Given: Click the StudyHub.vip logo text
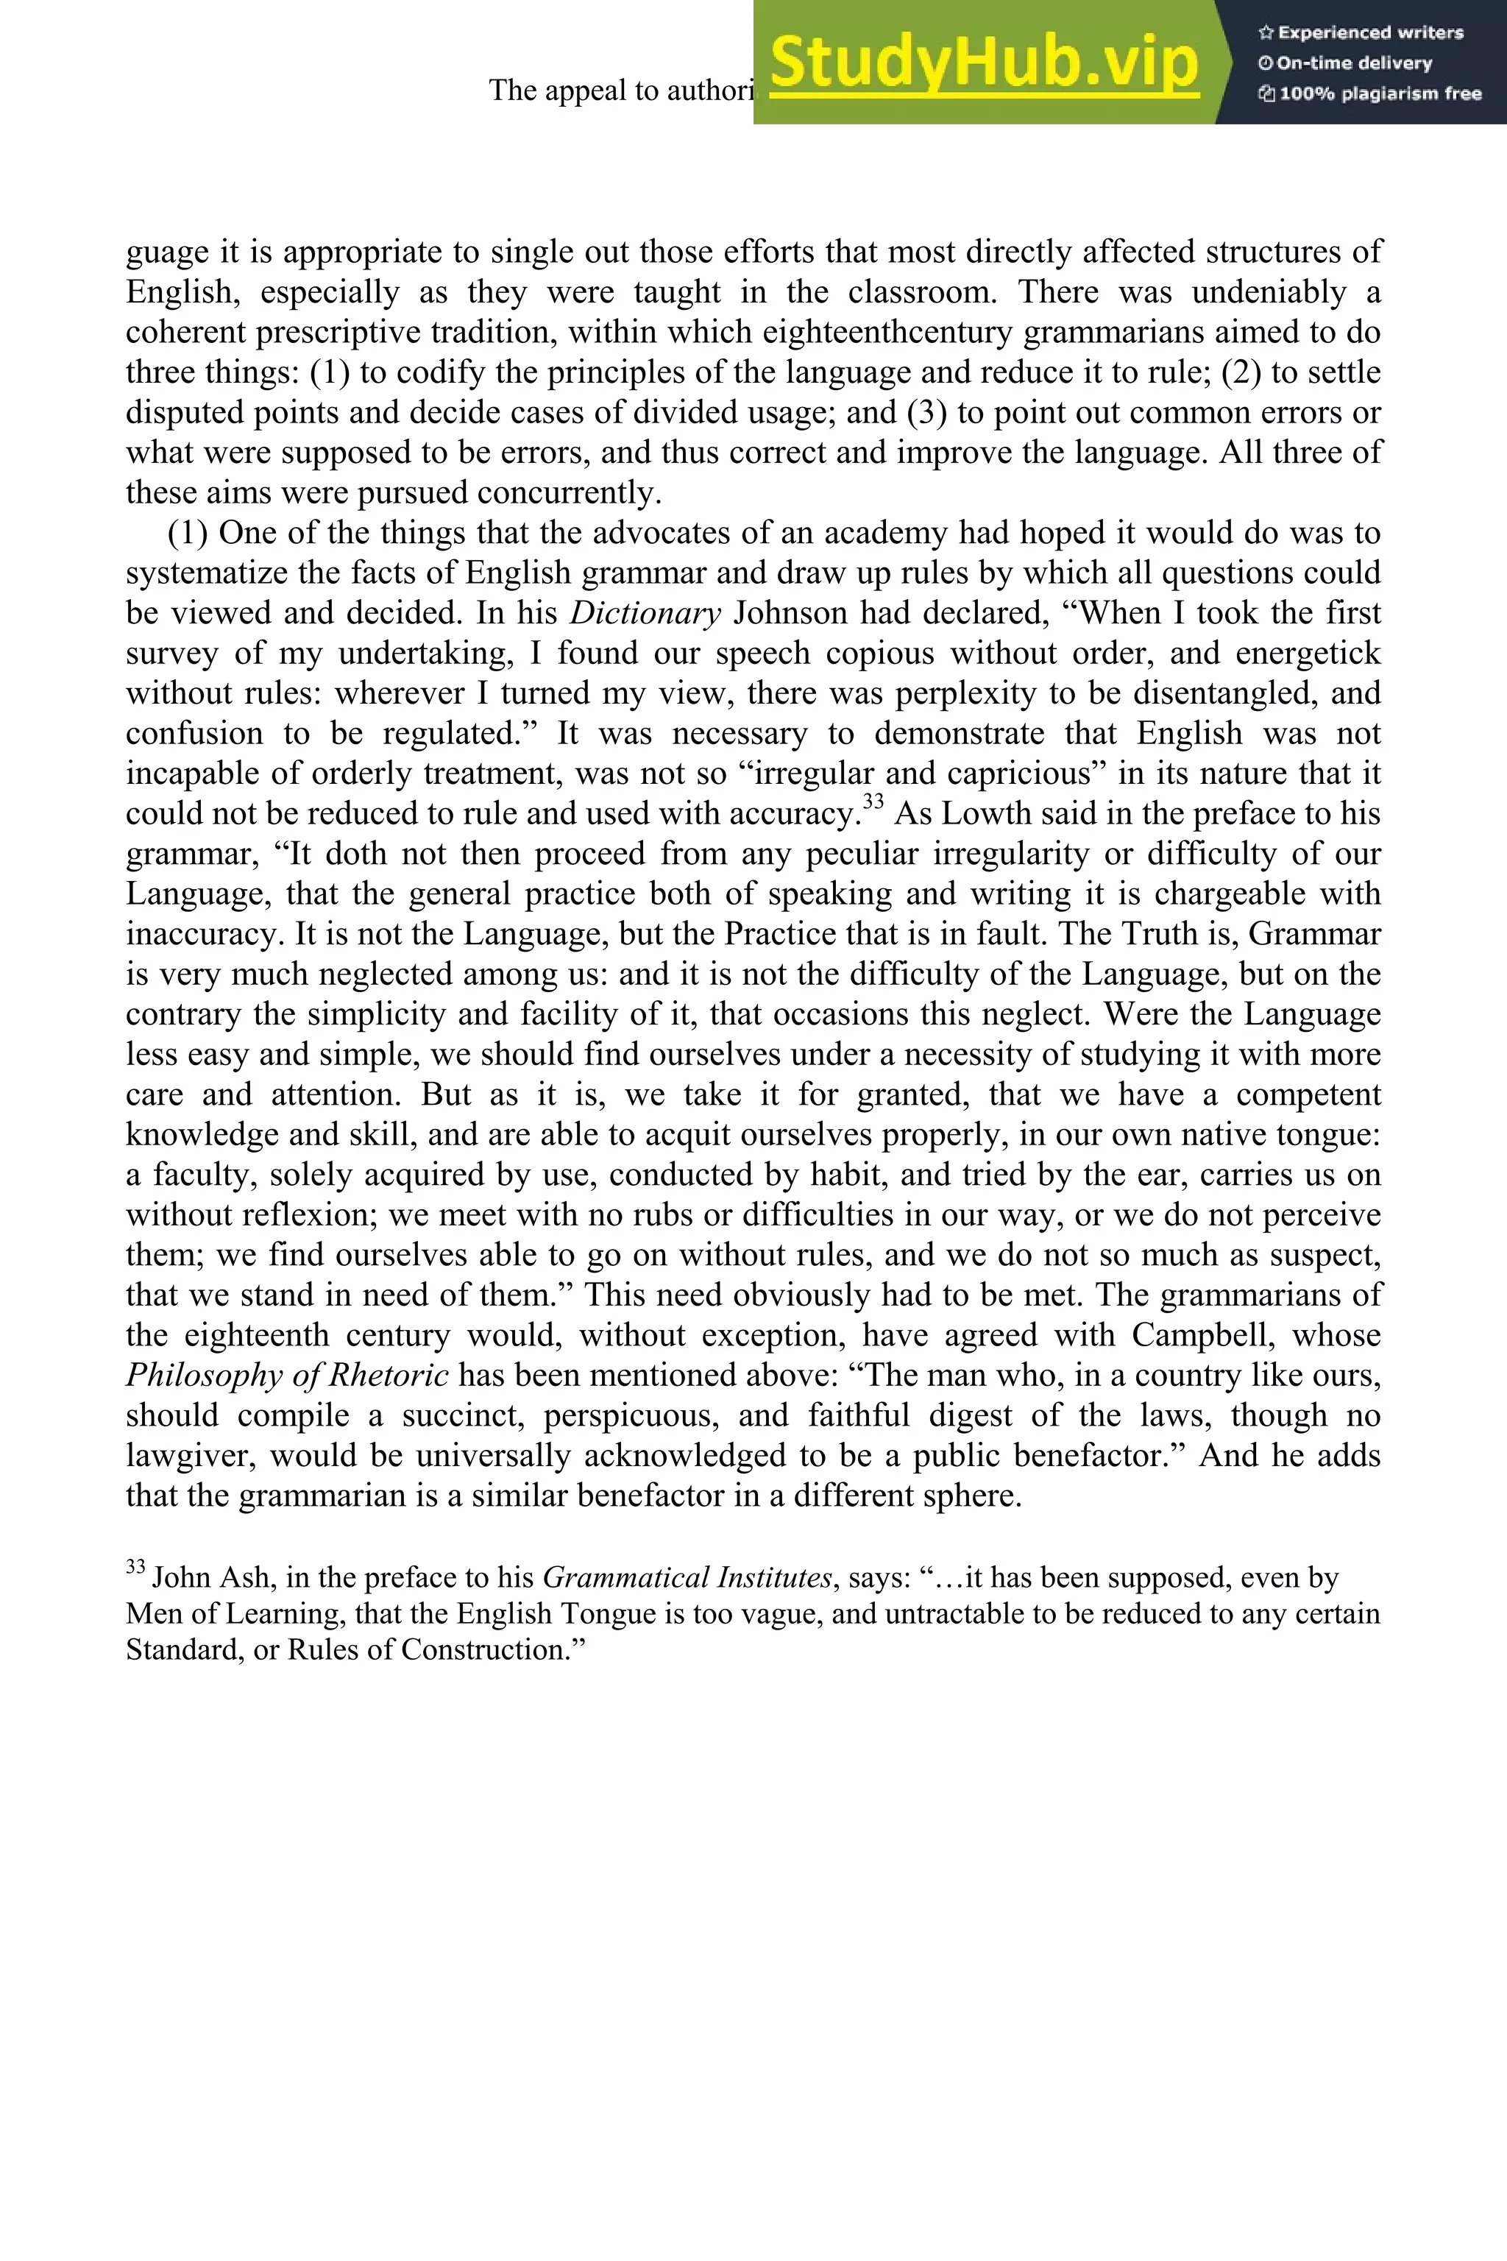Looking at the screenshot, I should (983, 63).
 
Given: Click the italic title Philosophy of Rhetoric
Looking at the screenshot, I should (286, 1376).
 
